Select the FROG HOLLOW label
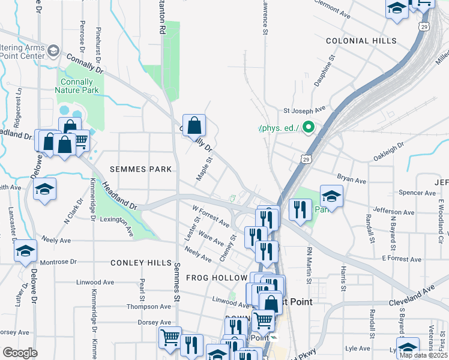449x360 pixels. (217, 278)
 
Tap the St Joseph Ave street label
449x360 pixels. (304, 110)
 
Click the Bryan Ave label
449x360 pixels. (351, 180)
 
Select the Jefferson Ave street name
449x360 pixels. (393, 212)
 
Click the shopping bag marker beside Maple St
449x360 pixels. (194, 126)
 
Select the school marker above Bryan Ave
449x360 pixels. (331, 196)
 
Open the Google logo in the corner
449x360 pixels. (20, 352)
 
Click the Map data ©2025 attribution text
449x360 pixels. (423, 355)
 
